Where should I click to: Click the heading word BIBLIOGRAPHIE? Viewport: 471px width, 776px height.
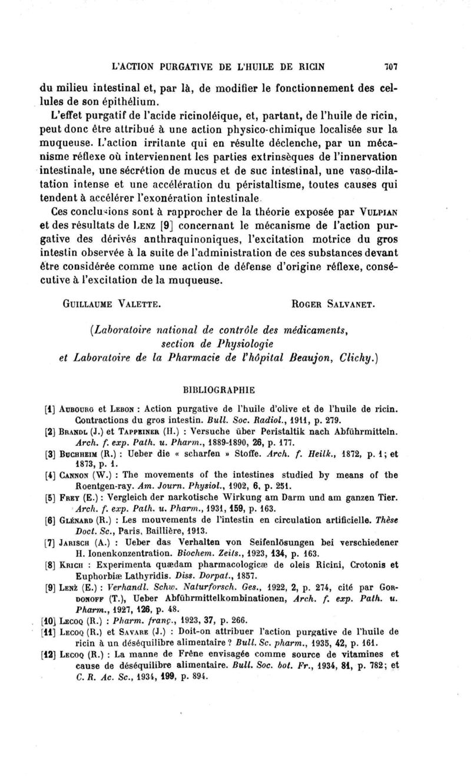coord(234,389)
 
